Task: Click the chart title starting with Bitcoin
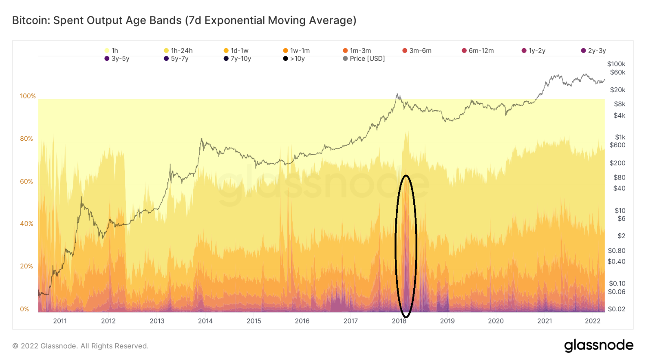tap(184, 20)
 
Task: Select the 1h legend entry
tap(112, 50)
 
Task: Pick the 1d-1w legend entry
tap(236, 50)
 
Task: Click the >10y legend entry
tap(294, 59)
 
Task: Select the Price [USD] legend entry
tap(364, 59)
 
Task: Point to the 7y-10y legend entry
tap(237, 59)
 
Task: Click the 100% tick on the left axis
tap(28, 96)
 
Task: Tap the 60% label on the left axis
tap(27, 182)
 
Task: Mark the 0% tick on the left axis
tap(25, 309)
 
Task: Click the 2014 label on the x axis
tap(205, 321)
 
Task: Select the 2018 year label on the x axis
tap(399, 321)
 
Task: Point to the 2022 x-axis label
tap(592, 321)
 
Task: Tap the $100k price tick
tap(616, 64)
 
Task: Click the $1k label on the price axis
tap(620, 137)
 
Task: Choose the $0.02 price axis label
tap(617, 309)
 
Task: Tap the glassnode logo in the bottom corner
tap(598, 345)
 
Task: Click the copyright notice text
tap(81, 346)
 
